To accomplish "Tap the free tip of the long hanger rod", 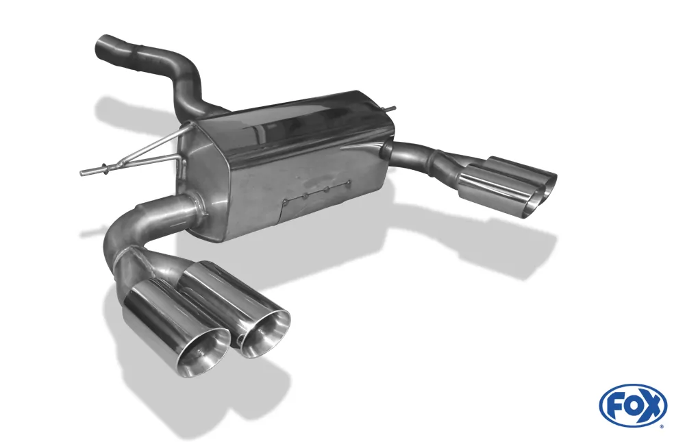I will coord(83,171).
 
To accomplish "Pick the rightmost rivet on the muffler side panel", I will coord(349,182).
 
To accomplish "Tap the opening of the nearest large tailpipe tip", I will coord(203,349).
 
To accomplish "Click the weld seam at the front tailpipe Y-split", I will coord(124,257).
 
